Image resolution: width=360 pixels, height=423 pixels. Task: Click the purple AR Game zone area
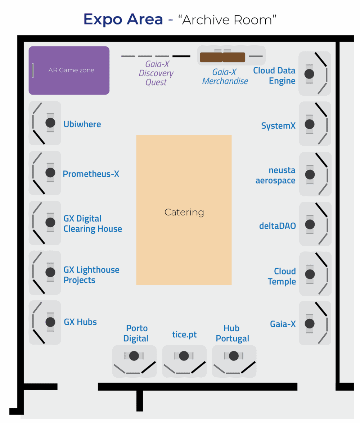69,70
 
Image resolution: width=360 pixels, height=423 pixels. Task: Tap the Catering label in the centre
184,212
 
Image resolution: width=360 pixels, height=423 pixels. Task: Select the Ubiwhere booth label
82,124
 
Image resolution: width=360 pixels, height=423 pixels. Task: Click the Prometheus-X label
91,174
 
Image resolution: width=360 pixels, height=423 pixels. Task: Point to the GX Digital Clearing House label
93,224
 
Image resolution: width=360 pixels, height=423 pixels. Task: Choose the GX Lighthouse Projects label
91,275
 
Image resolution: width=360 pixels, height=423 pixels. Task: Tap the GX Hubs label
80,322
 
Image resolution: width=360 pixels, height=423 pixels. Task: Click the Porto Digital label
136,333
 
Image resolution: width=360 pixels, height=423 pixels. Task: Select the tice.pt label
184,335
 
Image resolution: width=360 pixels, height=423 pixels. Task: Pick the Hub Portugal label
233,333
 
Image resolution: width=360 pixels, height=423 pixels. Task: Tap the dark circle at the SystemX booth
310,124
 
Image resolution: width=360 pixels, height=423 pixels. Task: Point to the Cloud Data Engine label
274,76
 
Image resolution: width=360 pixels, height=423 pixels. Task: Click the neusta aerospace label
276,176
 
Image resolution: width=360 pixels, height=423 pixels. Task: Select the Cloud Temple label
282,276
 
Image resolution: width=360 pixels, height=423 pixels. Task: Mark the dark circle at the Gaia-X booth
310,323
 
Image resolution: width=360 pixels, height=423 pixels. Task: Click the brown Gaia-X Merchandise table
222,57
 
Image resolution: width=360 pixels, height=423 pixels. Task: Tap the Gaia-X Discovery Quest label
156,73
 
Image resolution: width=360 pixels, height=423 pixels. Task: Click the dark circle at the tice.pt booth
184,356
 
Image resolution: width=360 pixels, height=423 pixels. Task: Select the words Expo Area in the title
123,19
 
